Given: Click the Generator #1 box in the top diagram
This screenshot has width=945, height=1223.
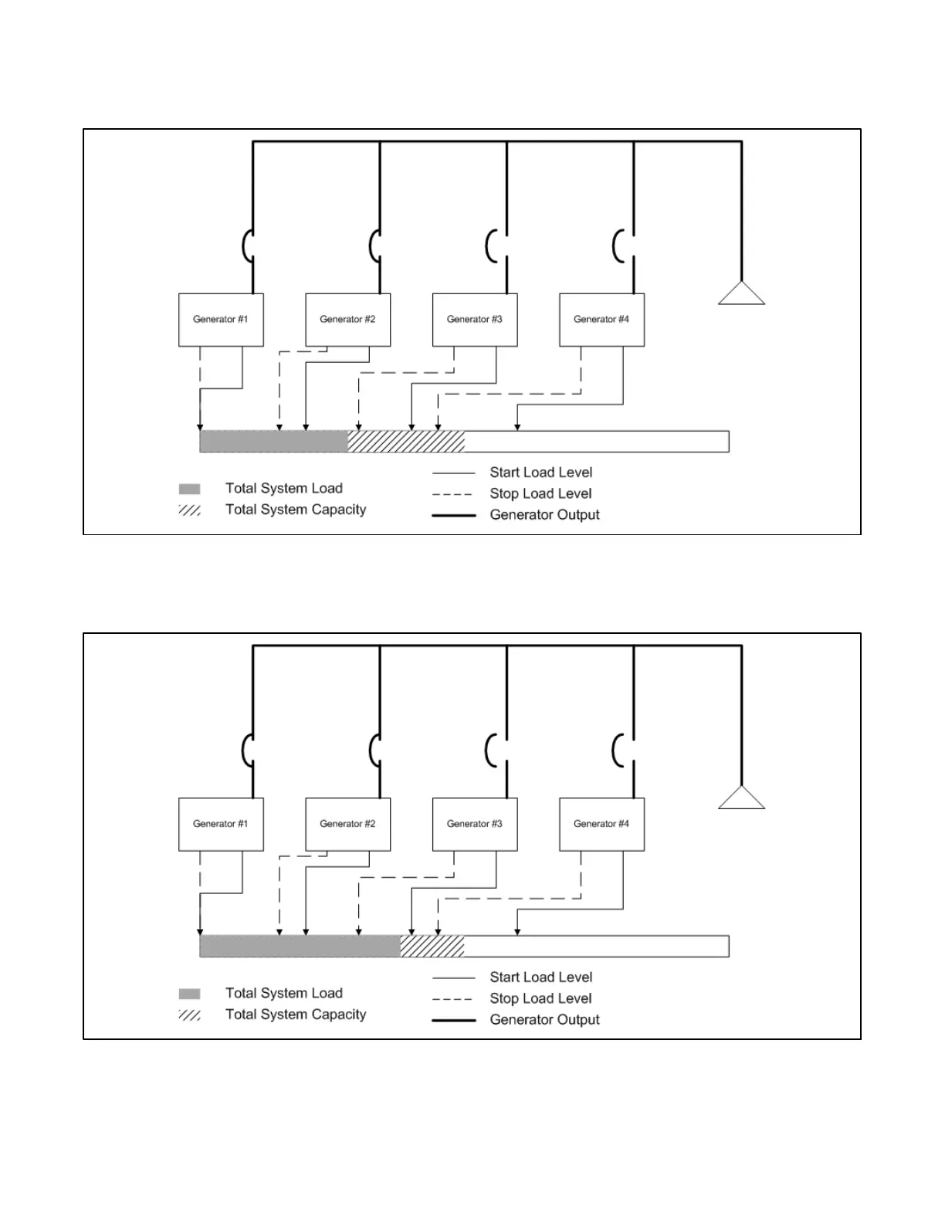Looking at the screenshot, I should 221,320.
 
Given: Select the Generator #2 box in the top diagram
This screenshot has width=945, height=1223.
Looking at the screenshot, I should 347,320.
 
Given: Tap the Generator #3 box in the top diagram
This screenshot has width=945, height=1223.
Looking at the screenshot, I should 475,320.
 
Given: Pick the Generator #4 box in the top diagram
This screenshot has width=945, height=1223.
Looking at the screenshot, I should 601,320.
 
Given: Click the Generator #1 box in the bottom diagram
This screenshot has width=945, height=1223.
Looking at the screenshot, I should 221,824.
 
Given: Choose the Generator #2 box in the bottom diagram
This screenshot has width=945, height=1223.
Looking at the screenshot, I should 347,824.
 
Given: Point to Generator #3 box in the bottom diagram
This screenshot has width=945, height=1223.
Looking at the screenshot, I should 475,824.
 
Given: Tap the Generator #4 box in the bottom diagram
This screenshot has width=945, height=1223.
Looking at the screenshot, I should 601,824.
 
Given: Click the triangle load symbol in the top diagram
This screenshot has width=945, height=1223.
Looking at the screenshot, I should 741,295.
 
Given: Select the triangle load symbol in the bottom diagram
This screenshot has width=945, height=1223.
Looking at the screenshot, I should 741,799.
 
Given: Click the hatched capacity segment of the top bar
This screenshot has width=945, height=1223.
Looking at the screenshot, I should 406,442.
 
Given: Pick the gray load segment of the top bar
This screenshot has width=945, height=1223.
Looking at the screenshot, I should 273,442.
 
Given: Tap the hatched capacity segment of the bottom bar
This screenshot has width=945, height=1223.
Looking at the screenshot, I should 432,947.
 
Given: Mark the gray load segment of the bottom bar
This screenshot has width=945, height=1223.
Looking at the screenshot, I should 300,947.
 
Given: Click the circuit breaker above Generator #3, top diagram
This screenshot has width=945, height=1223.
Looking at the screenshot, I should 492,247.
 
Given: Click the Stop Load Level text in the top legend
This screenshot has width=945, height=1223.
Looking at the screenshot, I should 540,494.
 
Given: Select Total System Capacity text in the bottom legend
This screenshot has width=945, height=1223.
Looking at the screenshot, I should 296,1015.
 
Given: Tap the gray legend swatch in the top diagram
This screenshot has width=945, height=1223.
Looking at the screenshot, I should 189,489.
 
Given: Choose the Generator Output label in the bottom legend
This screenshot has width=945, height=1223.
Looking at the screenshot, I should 544,1020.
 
